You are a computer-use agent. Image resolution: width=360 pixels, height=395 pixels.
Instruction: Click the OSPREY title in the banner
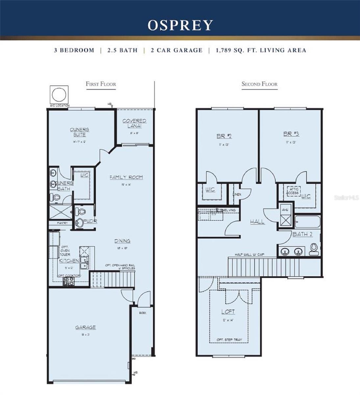coord(180,25)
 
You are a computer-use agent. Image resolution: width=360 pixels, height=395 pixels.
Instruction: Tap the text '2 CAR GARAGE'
coord(176,50)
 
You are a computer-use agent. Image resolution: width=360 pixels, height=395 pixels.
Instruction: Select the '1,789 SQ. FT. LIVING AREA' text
coord(261,50)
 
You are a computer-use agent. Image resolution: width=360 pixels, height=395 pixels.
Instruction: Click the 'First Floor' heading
coord(101,84)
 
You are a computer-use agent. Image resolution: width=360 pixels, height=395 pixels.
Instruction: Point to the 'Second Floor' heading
coord(259,84)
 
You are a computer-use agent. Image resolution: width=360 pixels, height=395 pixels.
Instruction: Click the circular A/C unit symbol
coord(59,95)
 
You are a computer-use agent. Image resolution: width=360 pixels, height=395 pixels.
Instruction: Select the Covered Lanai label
coord(134,123)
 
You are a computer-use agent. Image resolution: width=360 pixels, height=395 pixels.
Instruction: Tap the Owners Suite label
coord(79,132)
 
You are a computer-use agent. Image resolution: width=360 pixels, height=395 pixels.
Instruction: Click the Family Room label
coord(126,177)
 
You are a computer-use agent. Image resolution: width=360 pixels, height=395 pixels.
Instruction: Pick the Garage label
coord(86,327)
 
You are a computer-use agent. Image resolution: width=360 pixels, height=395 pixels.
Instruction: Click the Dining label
coord(122,241)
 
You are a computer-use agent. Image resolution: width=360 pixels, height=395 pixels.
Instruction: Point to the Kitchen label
coord(69,261)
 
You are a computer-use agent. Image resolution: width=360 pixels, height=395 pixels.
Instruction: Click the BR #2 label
coord(224,136)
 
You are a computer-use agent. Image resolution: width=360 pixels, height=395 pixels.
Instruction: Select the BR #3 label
coord(291,134)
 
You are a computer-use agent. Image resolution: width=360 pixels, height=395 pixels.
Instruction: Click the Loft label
coord(228,311)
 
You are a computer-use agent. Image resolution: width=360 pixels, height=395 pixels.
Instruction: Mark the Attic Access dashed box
coord(294,191)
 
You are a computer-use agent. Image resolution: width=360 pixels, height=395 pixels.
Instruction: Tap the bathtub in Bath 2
coord(307,223)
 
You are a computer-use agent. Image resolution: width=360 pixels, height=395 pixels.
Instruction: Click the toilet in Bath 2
coord(314,249)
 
